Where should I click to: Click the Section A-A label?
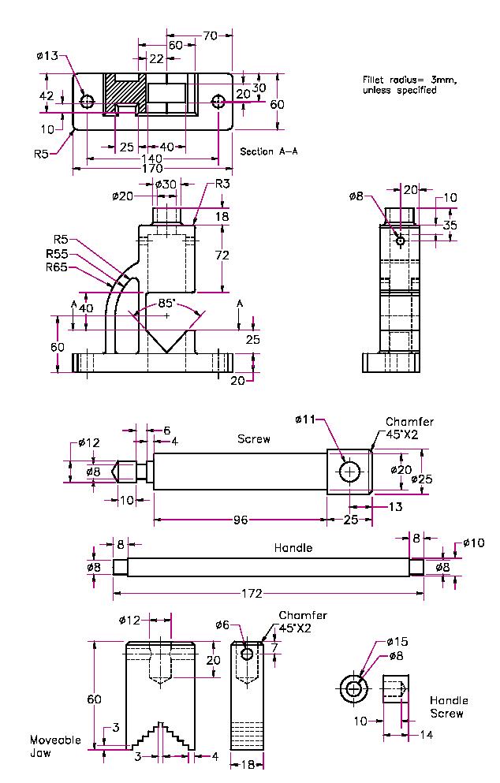coord(268,151)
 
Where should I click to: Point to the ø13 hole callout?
coord(47,56)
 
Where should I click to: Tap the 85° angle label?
coord(166,302)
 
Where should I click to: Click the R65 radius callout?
coord(57,267)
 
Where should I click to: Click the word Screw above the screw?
coord(254,439)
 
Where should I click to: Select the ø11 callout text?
coord(305,419)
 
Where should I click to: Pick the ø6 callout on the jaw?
coord(222,625)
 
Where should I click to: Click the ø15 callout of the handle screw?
coord(397,642)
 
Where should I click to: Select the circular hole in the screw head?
coord(349,472)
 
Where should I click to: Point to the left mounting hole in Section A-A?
coord(87,102)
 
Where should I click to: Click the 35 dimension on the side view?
coord(450,225)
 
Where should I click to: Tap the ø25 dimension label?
coord(422,479)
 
